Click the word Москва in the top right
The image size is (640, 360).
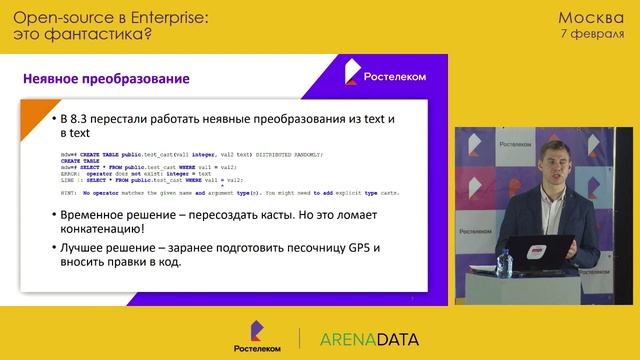coord(591,17)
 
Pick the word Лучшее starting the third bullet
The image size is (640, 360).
coord(87,247)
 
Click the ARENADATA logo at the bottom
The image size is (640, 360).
coord(369,338)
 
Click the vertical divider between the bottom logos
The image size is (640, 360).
coord(299,337)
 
